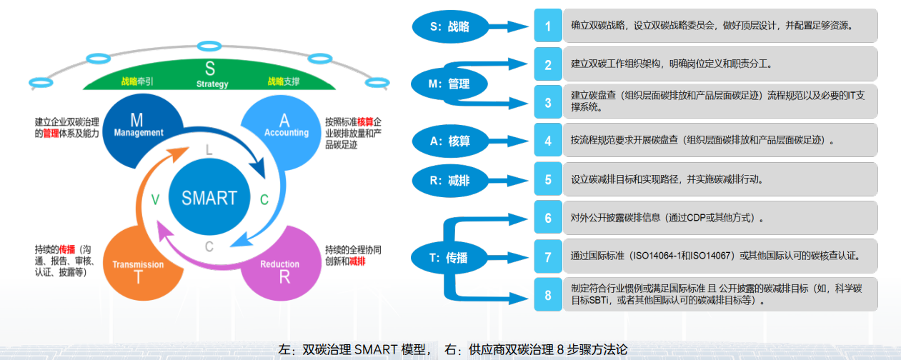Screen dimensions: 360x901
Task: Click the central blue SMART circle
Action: tap(209, 198)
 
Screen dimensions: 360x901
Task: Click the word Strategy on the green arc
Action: tap(212, 84)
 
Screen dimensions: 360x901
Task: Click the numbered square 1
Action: tap(548, 26)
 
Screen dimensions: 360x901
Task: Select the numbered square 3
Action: tap(548, 102)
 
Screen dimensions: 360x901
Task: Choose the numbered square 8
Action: tap(548, 295)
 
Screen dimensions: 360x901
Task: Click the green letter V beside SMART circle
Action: tap(155, 200)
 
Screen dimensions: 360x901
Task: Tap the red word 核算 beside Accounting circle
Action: tap(365, 121)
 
